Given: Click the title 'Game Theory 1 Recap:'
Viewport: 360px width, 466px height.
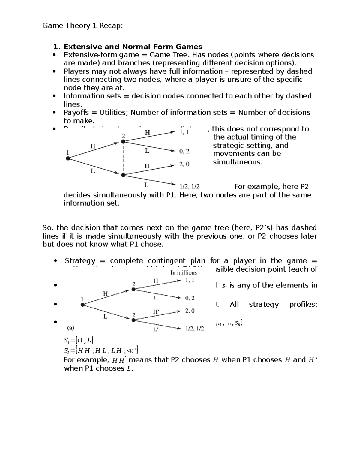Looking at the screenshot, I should (x=82, y=26).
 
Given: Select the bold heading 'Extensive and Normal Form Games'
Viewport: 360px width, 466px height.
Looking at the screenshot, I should (x=133, y=47).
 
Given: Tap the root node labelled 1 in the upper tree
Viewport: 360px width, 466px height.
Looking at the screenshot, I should (x=68, y=158).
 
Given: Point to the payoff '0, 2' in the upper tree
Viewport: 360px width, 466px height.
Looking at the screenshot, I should (x=184, y=151).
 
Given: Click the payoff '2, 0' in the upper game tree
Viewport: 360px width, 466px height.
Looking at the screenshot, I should (x=184, y=164).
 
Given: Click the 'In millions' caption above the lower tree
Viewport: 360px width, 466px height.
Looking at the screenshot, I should (x=184, y=272).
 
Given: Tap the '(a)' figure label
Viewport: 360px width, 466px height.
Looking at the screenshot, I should (x=70, y=328).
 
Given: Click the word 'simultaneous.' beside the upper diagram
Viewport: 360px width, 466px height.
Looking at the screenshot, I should (x=238, y=162).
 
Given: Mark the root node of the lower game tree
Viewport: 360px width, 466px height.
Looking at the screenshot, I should (x=82, y=305).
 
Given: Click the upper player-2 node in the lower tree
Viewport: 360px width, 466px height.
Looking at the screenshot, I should (x=133, y=290).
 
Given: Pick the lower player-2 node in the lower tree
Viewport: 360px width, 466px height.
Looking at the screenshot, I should (x=133, y=320).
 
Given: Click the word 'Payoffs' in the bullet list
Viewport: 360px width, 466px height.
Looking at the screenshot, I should (x=76, y=113).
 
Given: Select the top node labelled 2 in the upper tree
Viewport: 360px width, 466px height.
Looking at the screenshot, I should (x=123, y=142).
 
